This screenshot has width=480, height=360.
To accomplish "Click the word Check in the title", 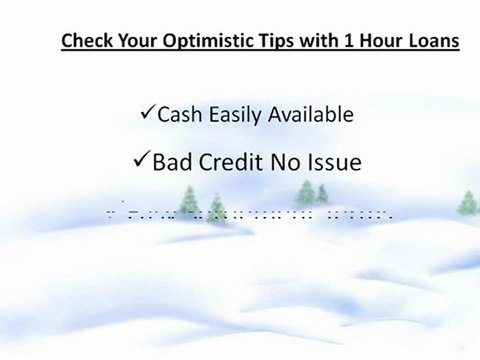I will coord(85,42).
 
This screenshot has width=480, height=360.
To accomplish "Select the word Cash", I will coord(181,115).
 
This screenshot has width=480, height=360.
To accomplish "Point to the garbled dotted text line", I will coord(250,213).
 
